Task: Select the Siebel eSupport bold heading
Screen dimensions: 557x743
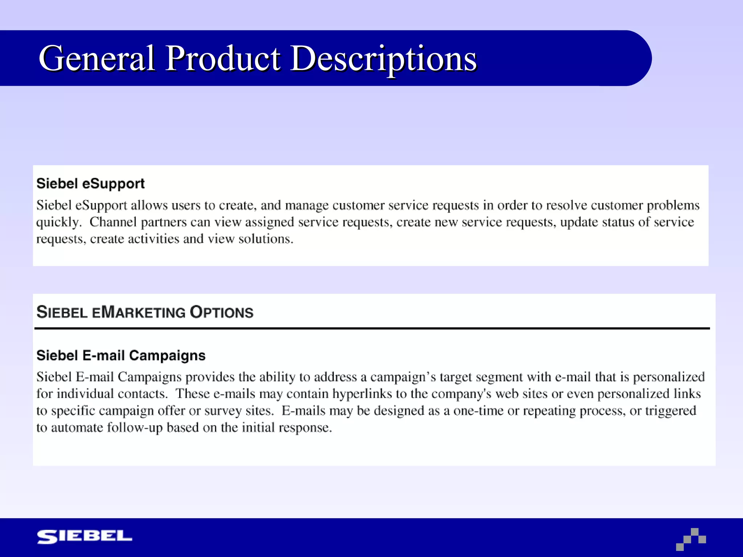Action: click(x=90, y=183)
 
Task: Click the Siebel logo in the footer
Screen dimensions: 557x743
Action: click(x=85, y=537)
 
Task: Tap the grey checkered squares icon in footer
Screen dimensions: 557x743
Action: click(x=691, y=539)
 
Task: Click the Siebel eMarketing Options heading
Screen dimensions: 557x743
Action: click(x=145, y=312)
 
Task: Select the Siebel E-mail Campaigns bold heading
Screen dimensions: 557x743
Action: click(x=121, y=355)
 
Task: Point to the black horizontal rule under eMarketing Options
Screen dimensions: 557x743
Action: click(x=372, y=329)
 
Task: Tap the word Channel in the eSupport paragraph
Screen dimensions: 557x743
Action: click(x=113, y=222)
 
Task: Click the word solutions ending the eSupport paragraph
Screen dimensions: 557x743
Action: click(x=266, y=239)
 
